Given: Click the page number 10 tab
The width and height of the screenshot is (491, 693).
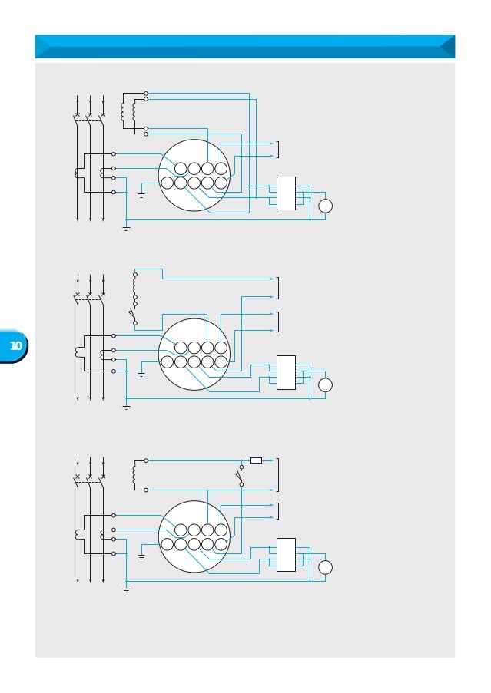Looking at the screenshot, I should click(15, 346).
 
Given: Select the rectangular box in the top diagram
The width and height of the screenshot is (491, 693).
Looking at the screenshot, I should click(286, 193).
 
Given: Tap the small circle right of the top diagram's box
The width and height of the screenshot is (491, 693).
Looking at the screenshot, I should click(325, 206).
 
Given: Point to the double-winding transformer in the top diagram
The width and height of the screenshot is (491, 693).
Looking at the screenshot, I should click(128, 113).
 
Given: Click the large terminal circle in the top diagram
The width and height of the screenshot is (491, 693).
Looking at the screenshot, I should click(194, 175).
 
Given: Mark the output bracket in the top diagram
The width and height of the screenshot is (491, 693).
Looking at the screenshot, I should click(277, 149).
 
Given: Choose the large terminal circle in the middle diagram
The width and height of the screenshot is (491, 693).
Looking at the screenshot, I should click(194, 355).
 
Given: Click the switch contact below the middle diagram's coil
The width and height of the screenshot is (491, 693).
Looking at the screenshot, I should click(132, 315).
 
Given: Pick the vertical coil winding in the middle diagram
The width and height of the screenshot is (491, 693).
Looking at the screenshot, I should click(134, 285).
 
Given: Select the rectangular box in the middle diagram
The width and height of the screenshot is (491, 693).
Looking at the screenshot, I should click(286, 372).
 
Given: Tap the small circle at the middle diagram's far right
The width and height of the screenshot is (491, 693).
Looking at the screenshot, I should click(325, 384).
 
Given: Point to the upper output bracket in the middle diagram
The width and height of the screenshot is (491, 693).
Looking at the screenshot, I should click(277, 288).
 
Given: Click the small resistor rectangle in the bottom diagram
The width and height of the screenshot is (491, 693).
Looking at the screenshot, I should click(256, 460).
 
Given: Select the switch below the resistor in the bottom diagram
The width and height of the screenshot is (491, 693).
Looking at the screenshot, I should click(240, 476).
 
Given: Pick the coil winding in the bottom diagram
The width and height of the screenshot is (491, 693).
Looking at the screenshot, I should click(134, 475).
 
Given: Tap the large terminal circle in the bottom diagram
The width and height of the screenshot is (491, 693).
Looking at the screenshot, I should click(194, 536).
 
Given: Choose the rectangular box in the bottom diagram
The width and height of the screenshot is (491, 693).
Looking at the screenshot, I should click(286, 554).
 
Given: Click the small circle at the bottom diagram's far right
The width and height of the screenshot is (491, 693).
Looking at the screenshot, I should click(325, 567).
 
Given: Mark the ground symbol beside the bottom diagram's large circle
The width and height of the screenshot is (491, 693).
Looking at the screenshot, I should click(141, 556).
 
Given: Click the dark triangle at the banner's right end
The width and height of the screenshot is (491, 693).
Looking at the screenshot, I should click(446, 46).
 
